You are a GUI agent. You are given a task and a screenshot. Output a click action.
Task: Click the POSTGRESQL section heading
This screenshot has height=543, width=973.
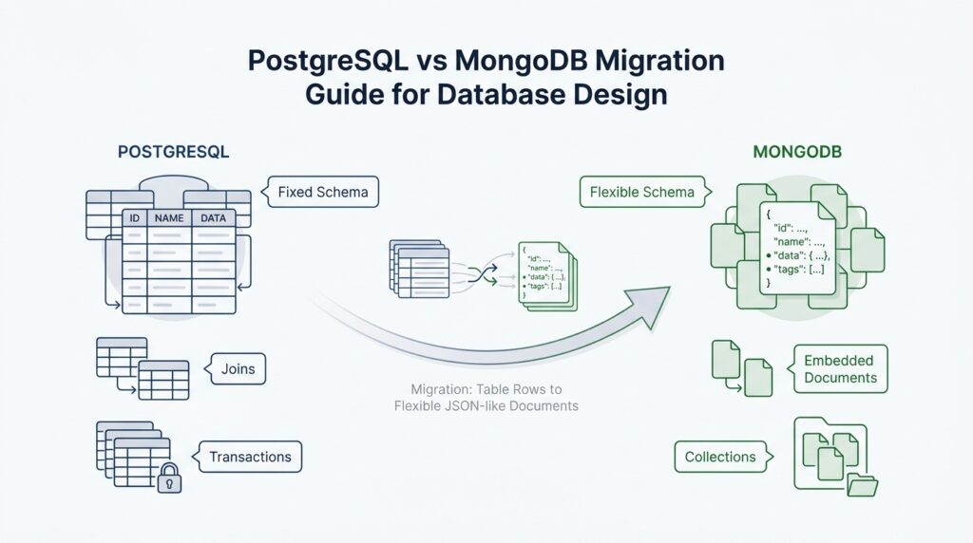[173, 152]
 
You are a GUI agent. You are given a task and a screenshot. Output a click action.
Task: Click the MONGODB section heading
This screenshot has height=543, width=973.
[795, 152]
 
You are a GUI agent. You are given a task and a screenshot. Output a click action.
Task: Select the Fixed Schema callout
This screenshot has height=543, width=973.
[322, 193]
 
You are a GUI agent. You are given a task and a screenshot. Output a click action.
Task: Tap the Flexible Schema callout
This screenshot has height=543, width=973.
[641, 193]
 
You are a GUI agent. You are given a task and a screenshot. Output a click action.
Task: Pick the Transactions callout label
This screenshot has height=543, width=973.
[250, 457]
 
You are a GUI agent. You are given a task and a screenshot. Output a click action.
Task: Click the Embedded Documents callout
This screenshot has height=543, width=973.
[840, 369]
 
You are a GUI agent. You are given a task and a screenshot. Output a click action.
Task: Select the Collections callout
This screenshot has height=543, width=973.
[719, 457]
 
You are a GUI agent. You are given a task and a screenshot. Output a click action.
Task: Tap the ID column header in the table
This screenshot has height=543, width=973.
[135, 218]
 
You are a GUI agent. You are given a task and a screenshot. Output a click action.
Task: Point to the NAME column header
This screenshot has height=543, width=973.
[168, 218]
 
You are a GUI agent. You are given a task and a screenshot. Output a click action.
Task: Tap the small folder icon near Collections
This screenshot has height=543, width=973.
[861, 483]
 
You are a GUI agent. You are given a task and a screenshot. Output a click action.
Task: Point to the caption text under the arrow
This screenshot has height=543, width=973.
[486, 398]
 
